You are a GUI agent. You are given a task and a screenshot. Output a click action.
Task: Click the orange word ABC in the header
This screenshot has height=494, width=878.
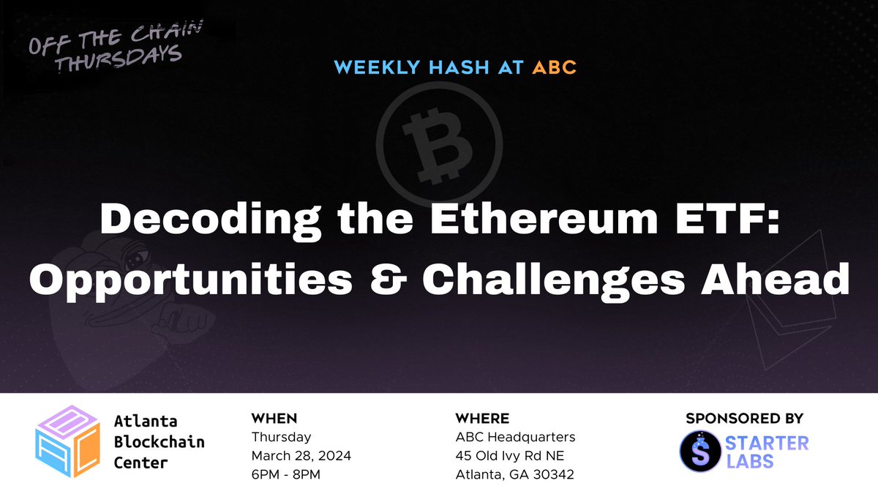(x=554, y=67)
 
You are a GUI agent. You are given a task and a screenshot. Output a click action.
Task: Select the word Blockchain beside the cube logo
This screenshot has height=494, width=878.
(x=160, y=442)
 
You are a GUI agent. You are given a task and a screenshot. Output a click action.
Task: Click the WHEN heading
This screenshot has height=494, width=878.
(x=274, y=419)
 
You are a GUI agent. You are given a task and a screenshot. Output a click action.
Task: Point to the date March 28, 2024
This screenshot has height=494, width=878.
(x=301, y=455)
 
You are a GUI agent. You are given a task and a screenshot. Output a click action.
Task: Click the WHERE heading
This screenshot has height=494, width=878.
(x=482, y=419)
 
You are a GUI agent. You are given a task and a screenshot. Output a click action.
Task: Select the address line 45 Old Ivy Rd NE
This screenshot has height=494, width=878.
(x=509, y=455)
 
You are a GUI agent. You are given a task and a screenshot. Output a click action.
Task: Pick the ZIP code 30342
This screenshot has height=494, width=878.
(x=554, y=474)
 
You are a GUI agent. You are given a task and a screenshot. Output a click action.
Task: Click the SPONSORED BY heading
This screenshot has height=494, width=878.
(x=744, y=419)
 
